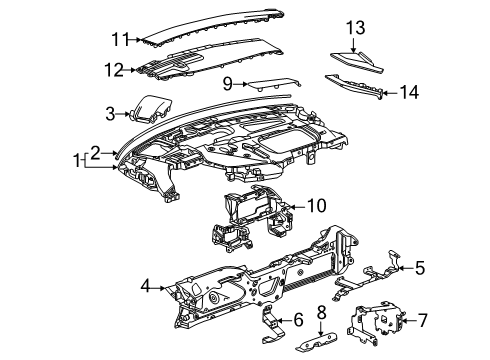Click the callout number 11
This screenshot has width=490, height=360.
pyautogui.click(x=120, y=39)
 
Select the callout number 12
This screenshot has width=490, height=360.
pyautogui.click(x=114, y=70)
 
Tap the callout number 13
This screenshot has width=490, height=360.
pyautogui.click(x=355, y=27)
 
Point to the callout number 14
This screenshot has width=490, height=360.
pyautogui.click(x=409, y=92)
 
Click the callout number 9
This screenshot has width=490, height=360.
pyautogui.click(x=228, y=84)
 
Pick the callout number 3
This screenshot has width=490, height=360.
pyautogui.click(x=110, y=114)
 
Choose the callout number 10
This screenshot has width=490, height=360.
pyautogui.click(x=316, y=206)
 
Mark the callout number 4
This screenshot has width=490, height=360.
pyautogui.click(x=146, y=286)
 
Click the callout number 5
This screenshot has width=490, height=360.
pyautogui.click(x=420, y=268)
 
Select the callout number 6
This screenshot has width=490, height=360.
pyautogui.click(x=298, y=320)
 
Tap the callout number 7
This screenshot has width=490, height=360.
pyautogui.click(x=422, y=321)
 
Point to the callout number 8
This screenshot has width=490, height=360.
pyautogui.click(x=321, y=312)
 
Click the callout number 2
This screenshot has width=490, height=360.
pyautogui.click(x=95, y=153)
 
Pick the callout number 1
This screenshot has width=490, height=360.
pyautogui.click(x=77, y=161)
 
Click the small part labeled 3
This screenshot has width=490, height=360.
pyautogui.click(x=152, y=109)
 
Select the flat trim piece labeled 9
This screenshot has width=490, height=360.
pyautogui.click(x=274, y=83)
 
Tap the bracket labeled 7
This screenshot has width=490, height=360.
pyautogui.click(x=376, y=321)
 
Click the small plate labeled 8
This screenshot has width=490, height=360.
pyautogui.click(x=316, y=343)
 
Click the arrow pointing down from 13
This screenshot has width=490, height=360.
pyautogui.click(x=353, y=45)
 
